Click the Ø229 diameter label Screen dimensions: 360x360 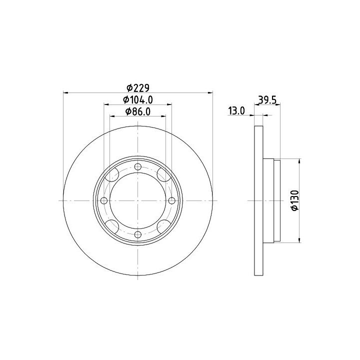point(138,87)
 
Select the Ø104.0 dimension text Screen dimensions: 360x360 point(138,99)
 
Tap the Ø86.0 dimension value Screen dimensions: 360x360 point(138,111)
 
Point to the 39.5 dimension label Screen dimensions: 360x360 point(267,100)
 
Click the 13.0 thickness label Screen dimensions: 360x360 point(236,110)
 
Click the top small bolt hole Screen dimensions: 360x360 point(138,166)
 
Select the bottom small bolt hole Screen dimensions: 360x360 point(138,234)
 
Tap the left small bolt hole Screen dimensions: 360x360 point(104,200)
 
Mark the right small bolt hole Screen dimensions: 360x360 point(171,200)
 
